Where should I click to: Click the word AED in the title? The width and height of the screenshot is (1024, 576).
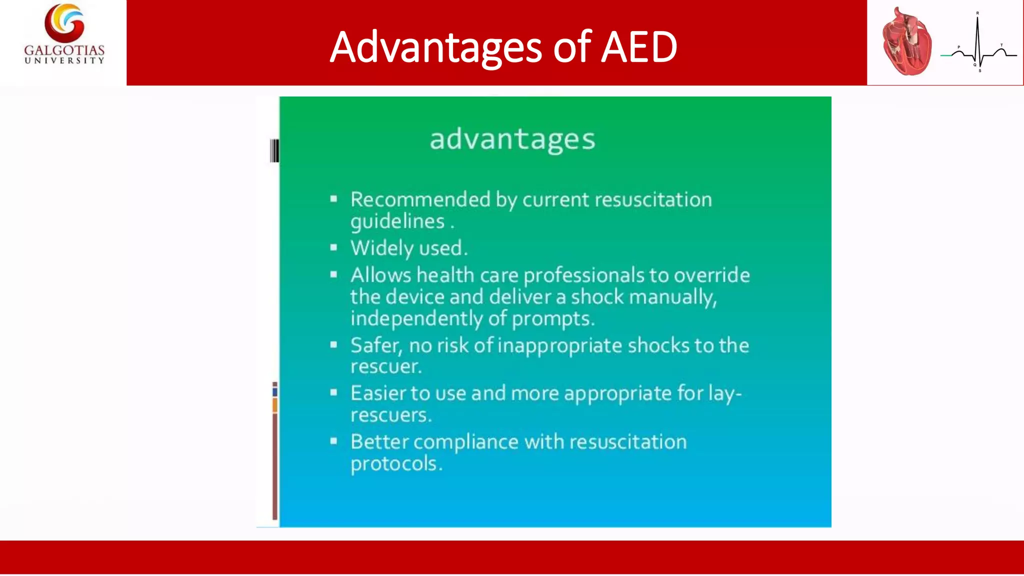click(638, 47)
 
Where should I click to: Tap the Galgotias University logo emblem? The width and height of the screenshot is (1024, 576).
click(64, 22)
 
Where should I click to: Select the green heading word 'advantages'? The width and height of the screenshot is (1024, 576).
click(512, 139)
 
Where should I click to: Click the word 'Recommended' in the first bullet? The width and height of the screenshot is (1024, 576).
click(420, 199)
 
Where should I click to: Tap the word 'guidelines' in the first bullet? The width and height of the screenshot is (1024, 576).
click(397, 221)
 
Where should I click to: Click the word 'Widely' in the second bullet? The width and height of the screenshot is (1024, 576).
click(381, 248)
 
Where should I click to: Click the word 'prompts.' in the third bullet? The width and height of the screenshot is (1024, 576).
click(553, 318)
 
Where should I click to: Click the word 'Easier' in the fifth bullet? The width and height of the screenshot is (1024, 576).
click(378, 393)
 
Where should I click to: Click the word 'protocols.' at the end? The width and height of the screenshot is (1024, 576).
click(396, 464)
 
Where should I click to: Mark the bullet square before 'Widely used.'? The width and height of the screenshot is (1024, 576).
click(334, 247)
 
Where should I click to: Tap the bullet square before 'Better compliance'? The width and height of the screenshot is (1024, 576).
click(334, 441)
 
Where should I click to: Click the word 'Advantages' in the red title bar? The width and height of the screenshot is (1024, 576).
click(435, 47)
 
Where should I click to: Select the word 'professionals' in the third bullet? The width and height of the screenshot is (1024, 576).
click(583, 275)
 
